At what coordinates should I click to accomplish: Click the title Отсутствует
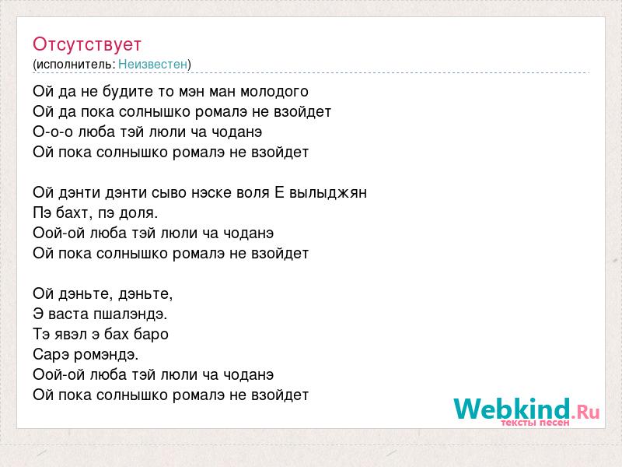coord(87,44)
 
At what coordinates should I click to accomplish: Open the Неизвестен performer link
coord(152,64)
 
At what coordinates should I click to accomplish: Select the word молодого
coord(274,92)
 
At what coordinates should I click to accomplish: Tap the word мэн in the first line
coord(191,92)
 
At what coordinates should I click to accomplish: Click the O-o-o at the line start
coord(53,132)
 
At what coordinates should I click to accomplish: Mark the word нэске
coord(211,193)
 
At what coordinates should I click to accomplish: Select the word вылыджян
coord(328,193)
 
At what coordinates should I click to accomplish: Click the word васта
coord(68,314)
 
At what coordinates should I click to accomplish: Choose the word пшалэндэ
coord(131,314)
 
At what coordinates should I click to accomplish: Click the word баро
coord(152,335)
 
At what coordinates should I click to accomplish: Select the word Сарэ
coord(51,355)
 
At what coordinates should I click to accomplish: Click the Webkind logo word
coord(512,409)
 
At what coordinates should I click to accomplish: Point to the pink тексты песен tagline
coord(535,423)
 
